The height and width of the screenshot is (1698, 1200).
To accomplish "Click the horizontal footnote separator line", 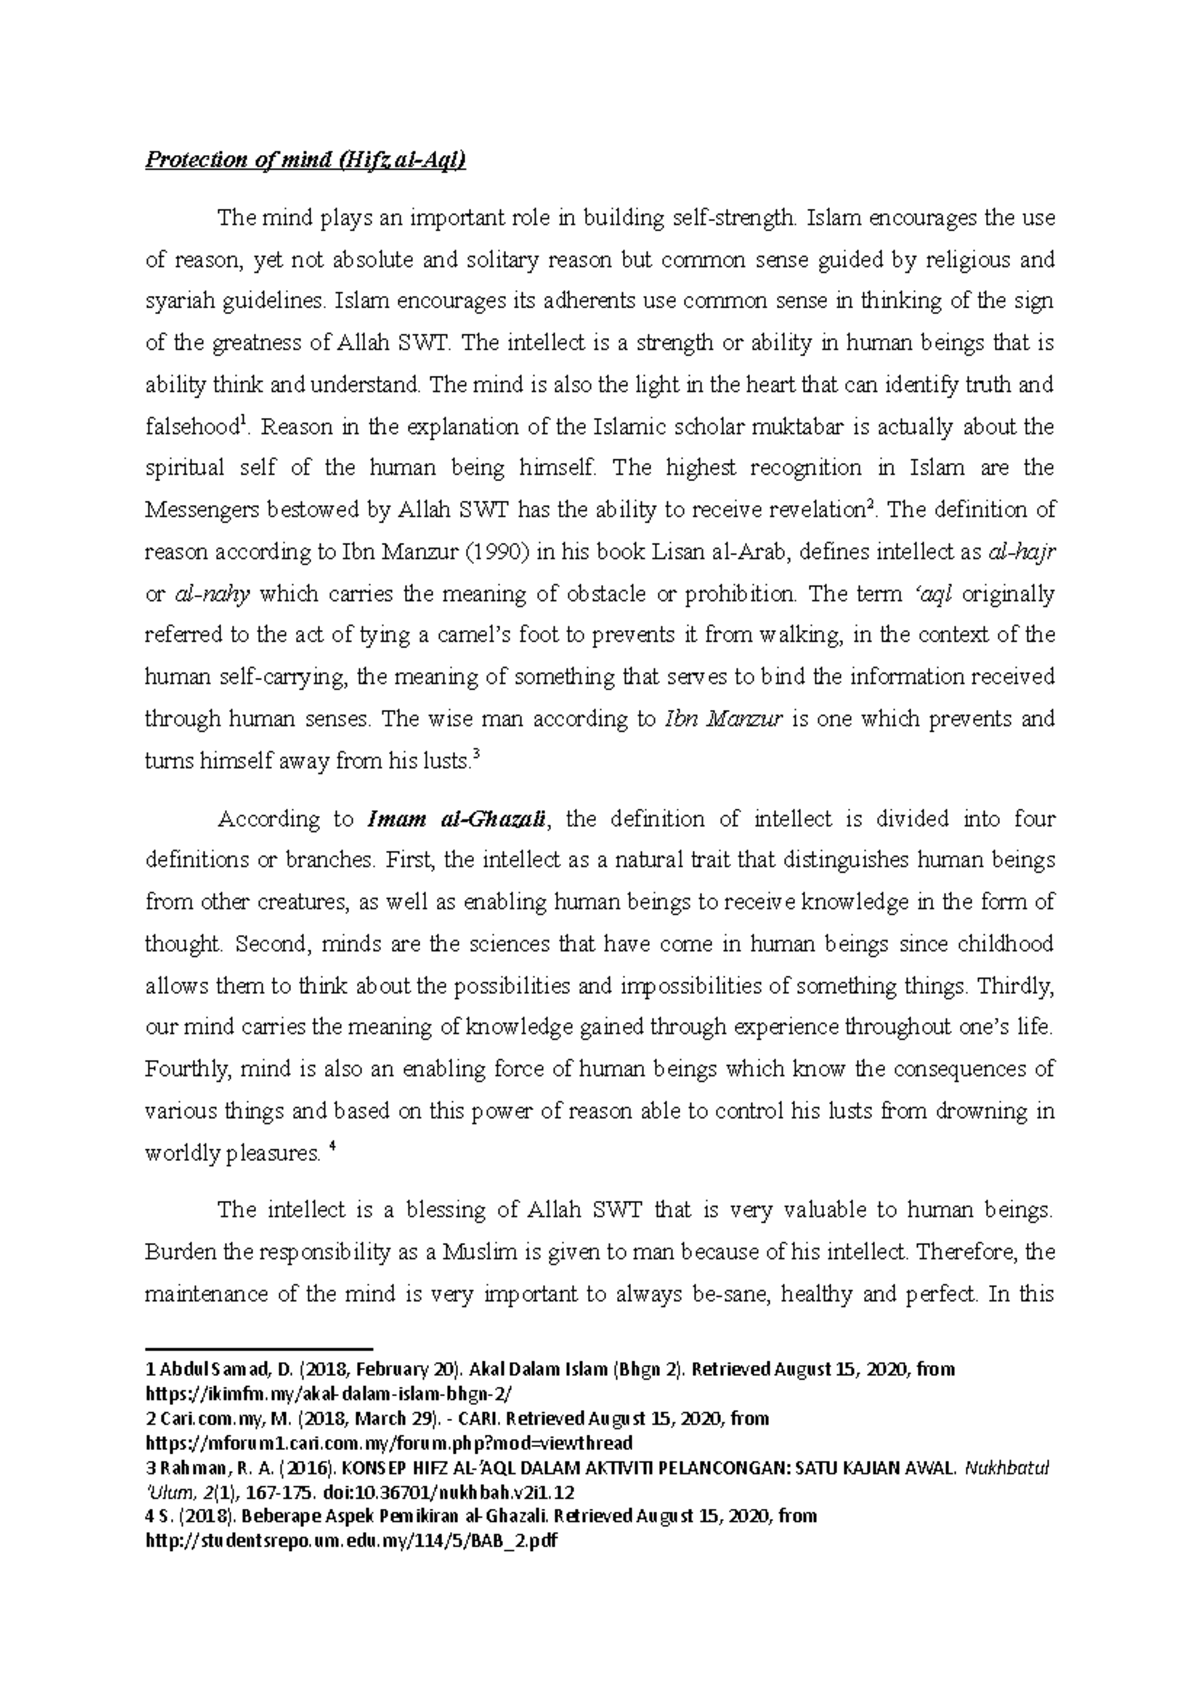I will [258, 1348].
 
